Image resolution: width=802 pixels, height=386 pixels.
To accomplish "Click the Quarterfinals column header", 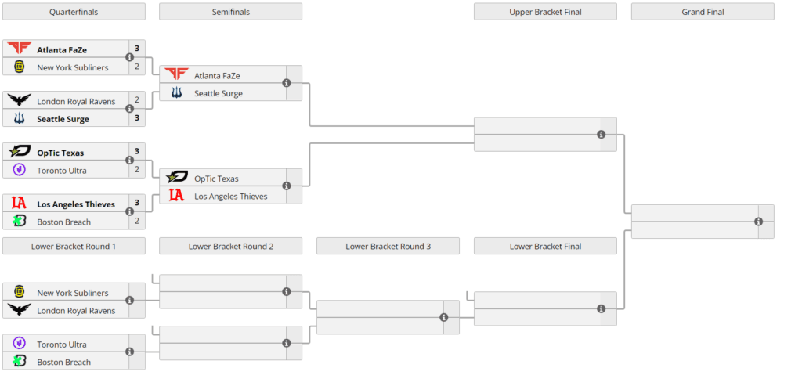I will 74,12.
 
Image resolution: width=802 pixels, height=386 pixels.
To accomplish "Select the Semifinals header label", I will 230,12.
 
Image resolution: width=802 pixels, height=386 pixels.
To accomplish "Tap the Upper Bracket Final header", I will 545,12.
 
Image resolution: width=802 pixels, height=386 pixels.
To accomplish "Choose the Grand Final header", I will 702,12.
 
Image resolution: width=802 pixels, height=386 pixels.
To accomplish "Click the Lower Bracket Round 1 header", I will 74,246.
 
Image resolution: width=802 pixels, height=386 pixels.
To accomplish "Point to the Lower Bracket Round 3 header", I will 388,246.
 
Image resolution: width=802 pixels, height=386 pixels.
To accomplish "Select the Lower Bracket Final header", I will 545,246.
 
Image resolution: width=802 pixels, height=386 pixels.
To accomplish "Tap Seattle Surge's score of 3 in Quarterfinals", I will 136,119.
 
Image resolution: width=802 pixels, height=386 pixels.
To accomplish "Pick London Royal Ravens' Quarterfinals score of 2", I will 136,100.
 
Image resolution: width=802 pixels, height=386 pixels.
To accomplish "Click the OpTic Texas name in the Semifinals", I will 216,179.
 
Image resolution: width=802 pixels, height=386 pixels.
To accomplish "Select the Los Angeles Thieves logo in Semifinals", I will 177,196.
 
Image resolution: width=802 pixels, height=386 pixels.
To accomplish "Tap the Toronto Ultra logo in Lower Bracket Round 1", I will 20,344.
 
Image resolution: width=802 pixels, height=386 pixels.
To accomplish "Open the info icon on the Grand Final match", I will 758,222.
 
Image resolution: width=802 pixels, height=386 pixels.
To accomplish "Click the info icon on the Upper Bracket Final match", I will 601,135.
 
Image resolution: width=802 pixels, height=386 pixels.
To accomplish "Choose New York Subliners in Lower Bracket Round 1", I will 73,293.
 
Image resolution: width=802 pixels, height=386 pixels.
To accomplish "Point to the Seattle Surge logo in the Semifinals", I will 177,93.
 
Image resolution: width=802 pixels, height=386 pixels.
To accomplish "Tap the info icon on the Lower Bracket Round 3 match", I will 443,317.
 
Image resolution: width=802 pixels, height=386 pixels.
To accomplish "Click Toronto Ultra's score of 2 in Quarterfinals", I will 136,170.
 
